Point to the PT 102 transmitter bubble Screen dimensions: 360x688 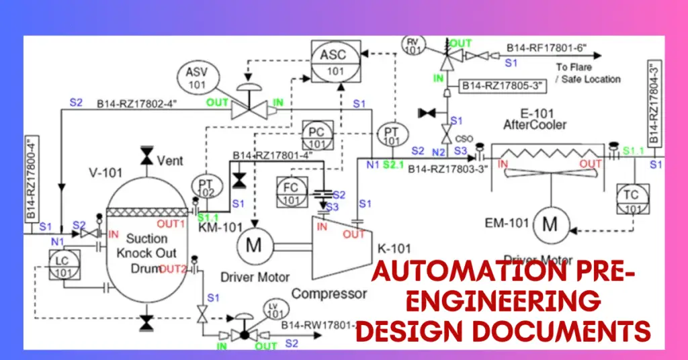point(206,187)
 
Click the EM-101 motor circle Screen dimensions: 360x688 point(550,225)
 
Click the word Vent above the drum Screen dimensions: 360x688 point(169,161)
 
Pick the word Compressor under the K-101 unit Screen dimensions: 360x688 point(330,294)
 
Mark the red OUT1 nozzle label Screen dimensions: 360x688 point(171,224)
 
